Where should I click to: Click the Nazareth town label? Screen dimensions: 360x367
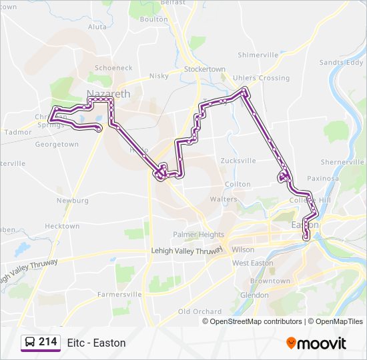coord(108,94)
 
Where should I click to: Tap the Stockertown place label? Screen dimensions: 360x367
coord(205,69)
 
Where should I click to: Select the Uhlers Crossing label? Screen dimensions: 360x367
coord(260,78)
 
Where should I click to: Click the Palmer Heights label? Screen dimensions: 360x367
coord(198,235)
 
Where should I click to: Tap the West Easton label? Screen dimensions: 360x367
coord(253,263)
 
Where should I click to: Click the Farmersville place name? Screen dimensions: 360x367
coord(119,294)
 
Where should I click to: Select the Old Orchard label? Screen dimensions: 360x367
coord(200,311)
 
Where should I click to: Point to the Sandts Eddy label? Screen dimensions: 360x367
coord(341,63)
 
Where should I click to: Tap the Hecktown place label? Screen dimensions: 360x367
coord(62,226)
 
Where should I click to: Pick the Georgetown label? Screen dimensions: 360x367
coord(57,144)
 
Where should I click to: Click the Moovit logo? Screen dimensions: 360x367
coord(316,343)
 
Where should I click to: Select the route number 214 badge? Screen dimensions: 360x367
coord(39,343)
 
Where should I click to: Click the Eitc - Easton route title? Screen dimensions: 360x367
coord(97,343)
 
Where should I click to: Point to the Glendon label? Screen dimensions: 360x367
coord(254,295)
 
